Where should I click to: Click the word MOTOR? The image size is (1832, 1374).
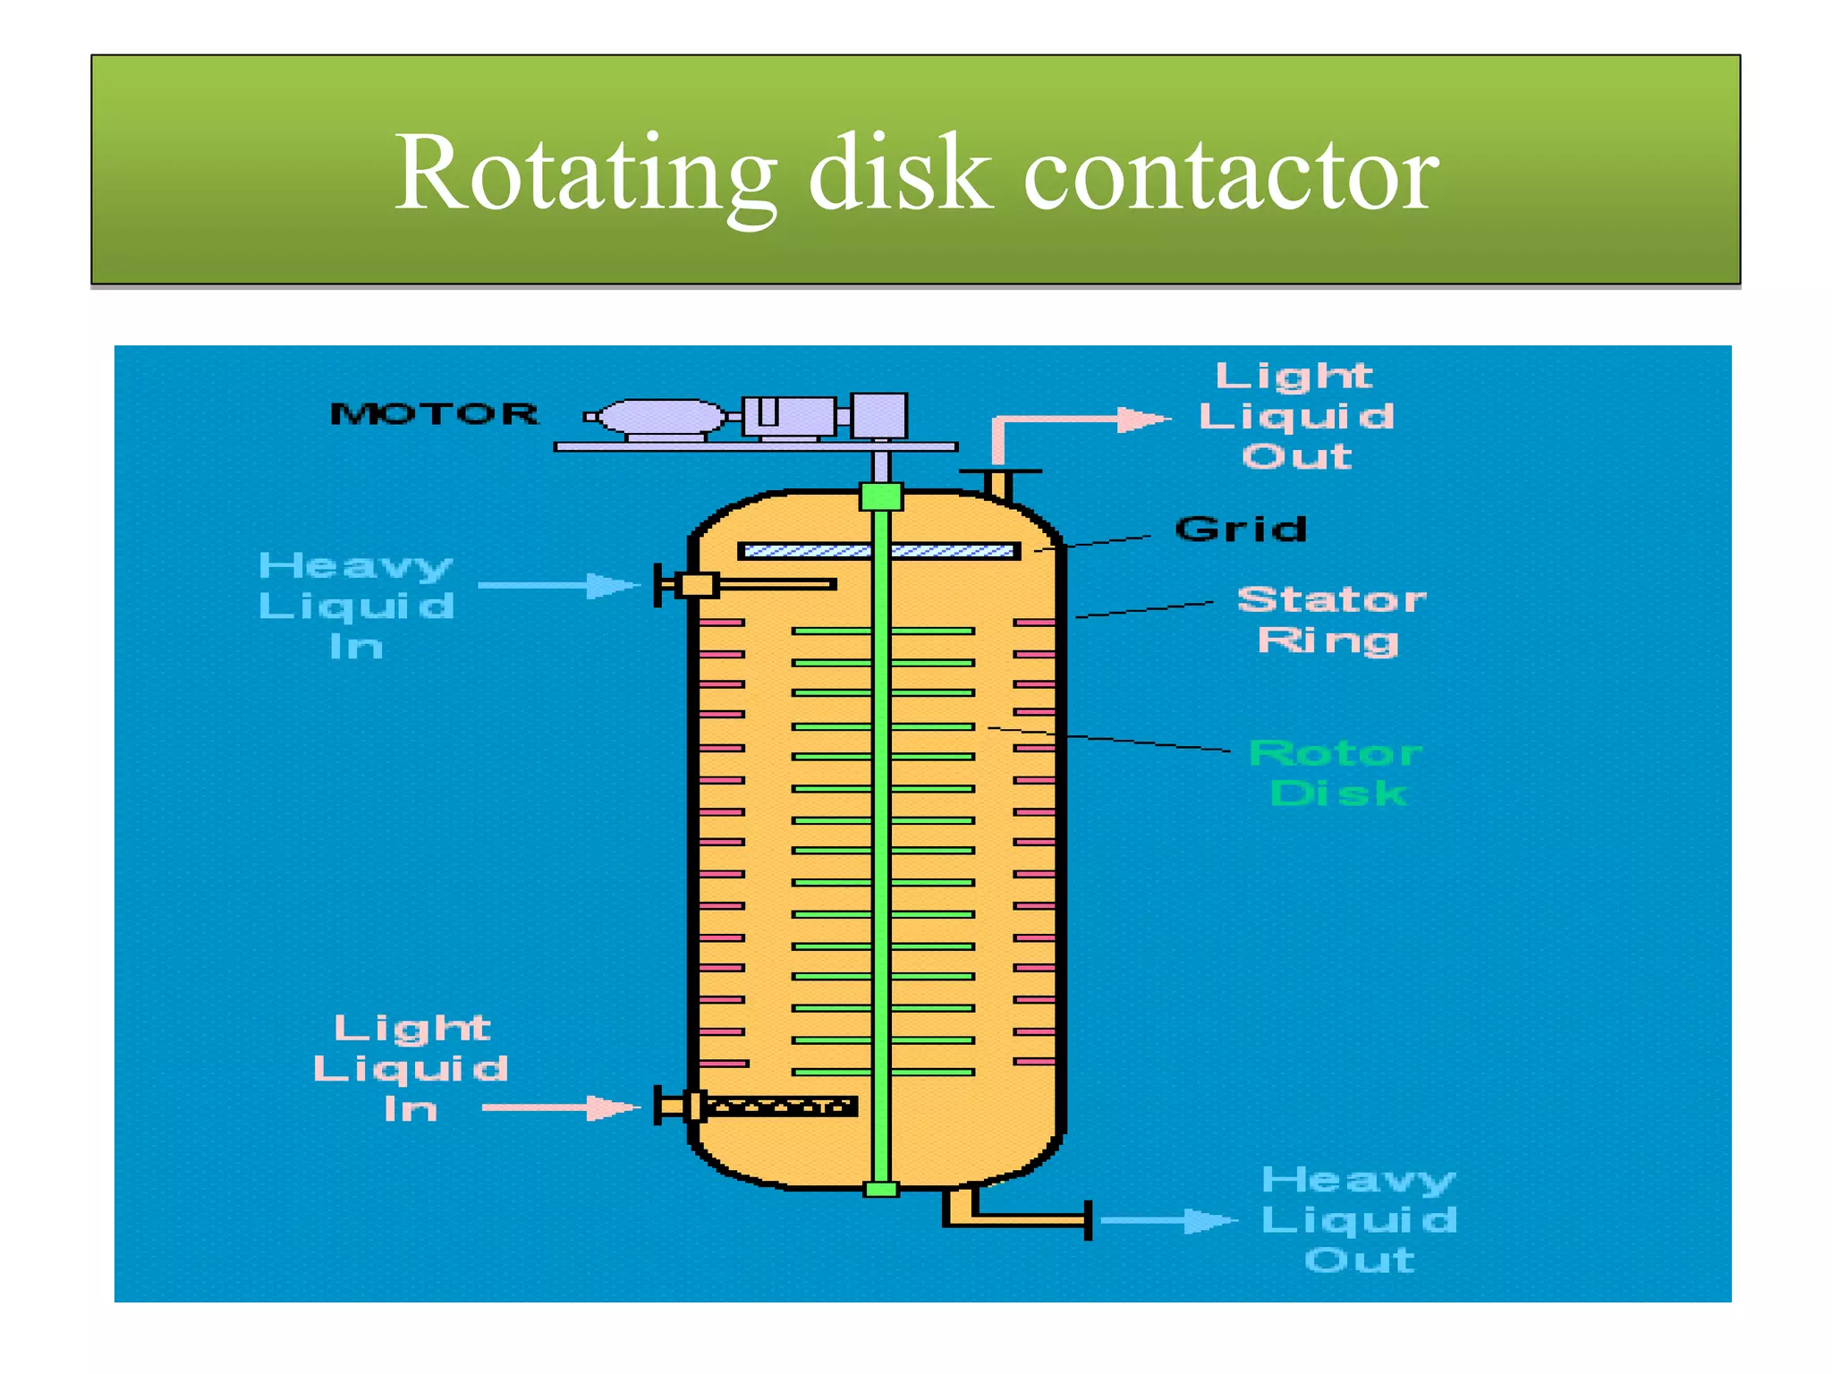tap(435, 413)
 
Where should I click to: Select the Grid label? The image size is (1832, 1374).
tap(1241, 529)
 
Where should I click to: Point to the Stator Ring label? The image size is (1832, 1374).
tap(1330, 620)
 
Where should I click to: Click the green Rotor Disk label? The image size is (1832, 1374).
tap(1336, 773)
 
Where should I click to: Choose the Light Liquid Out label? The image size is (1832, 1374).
tap(1295, 416)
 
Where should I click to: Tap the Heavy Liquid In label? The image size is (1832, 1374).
tap(356, 606)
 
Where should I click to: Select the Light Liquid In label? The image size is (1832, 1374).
tap(411, 1068)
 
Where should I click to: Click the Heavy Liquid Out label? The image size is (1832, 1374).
tap(1359, 1219)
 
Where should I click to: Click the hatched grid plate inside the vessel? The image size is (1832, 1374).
tap(878, 551)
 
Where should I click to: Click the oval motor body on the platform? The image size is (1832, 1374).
tap(662, 417)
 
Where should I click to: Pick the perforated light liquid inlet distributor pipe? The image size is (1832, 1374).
tap(778, 1107)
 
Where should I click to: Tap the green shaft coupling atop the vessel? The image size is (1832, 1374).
tap(880, 496)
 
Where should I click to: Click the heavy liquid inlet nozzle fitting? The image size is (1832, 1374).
tap(696, 585)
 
